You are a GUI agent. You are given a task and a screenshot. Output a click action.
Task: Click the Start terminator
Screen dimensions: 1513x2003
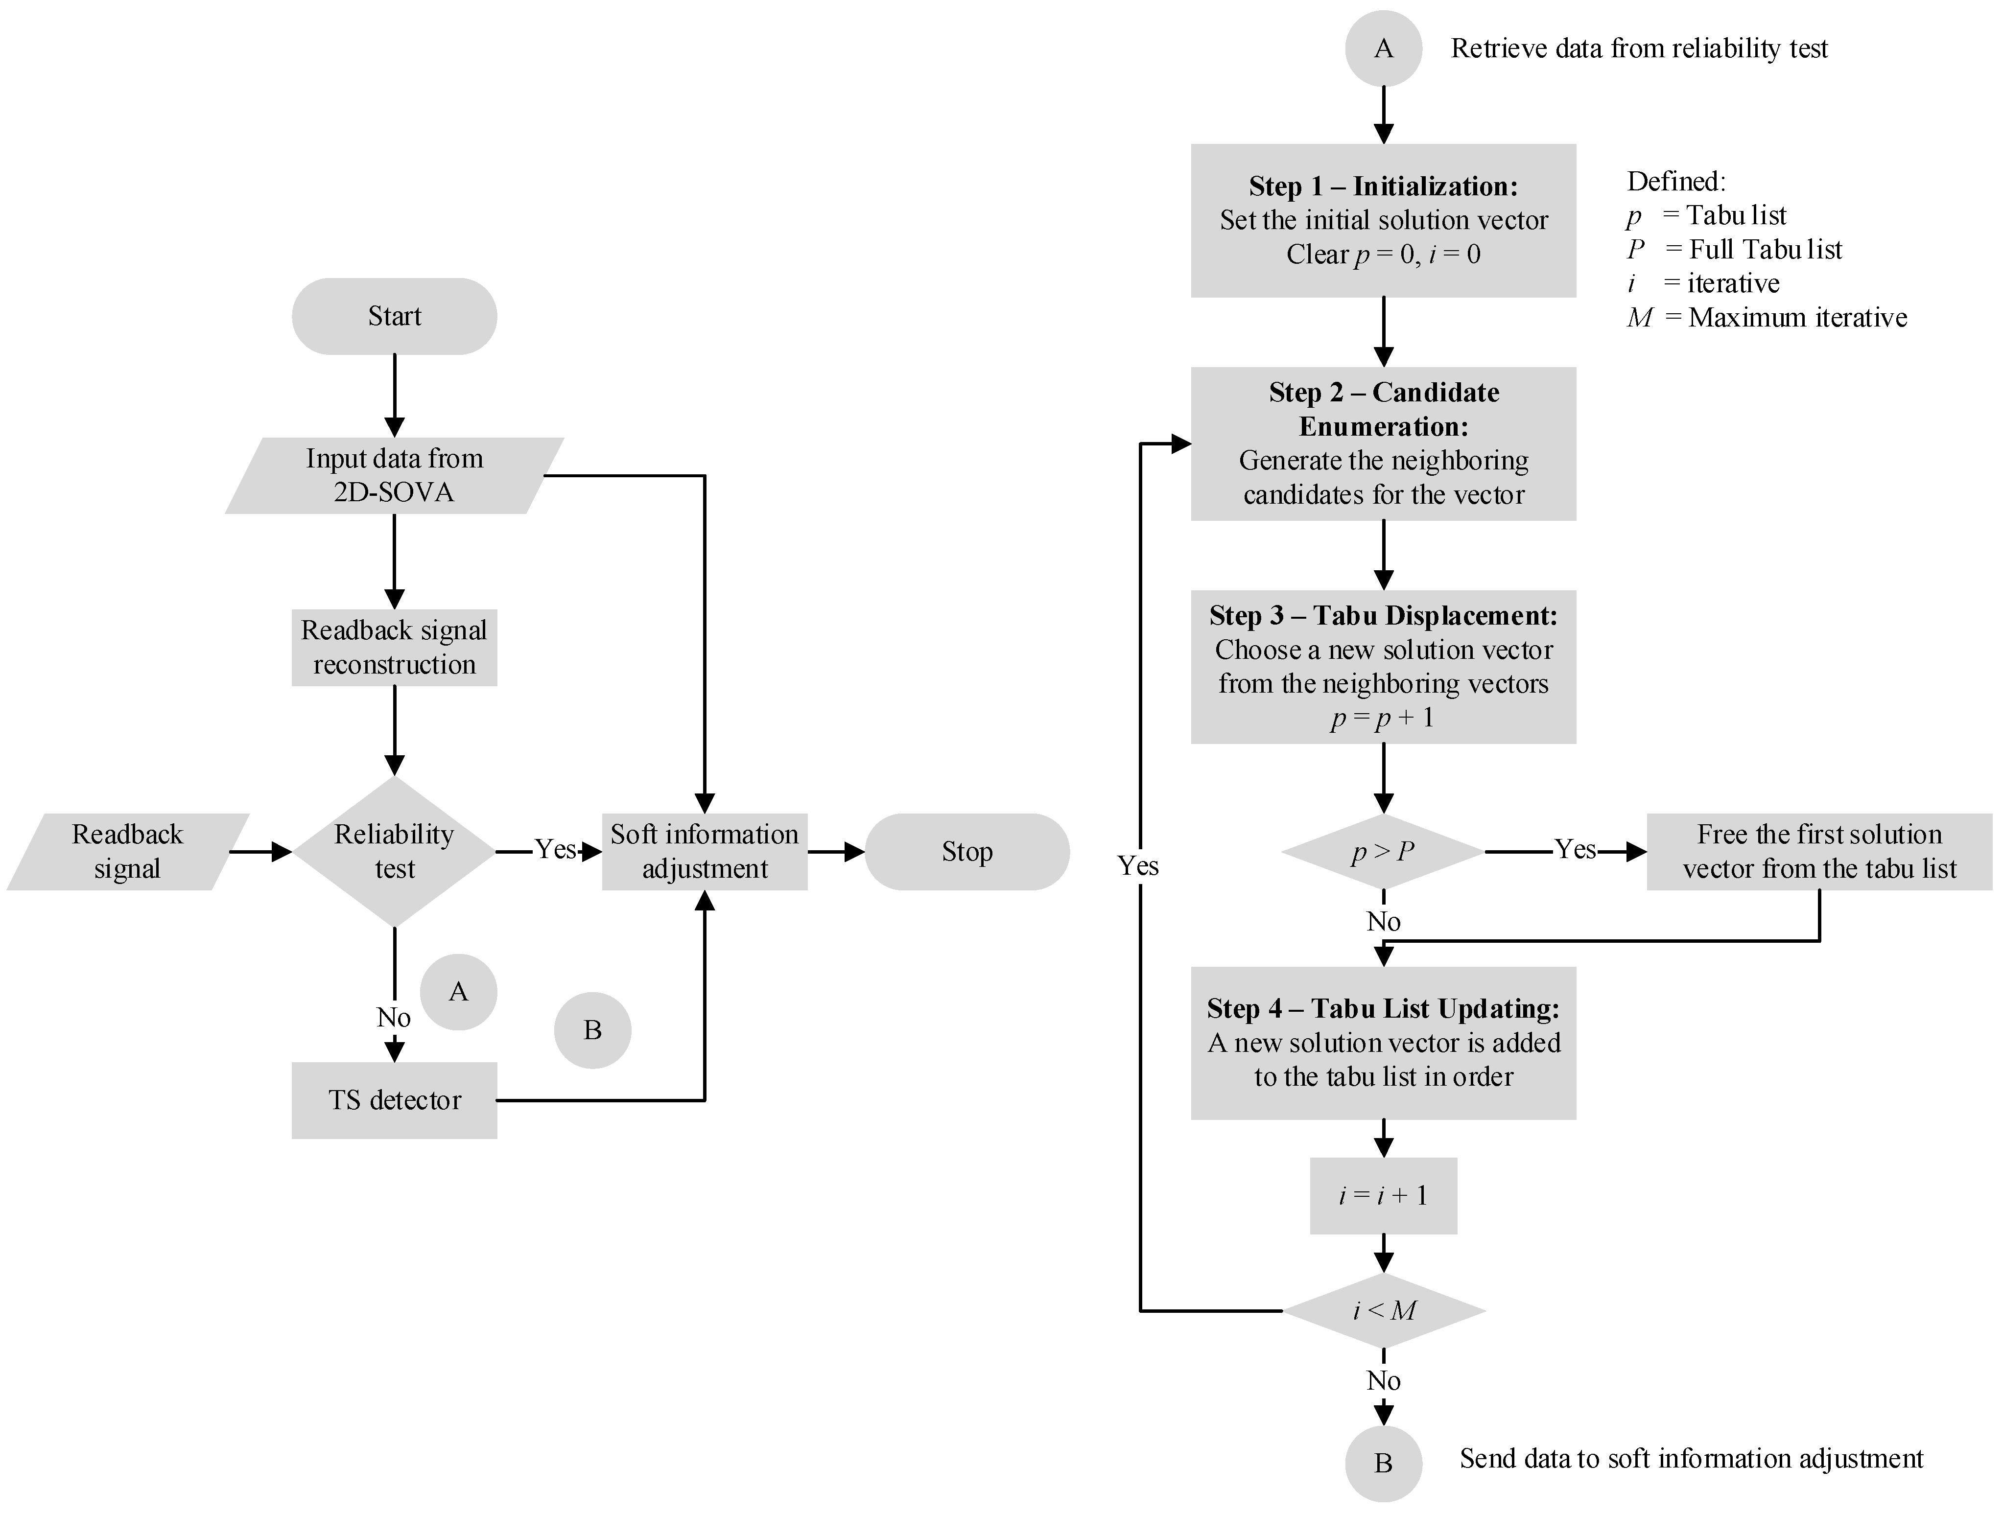tap(394, 316)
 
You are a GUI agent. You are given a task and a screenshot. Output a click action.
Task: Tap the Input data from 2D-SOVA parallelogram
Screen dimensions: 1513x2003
tap(394, 475)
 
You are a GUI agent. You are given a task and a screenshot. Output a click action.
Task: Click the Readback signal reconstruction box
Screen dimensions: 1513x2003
tap(394, 648)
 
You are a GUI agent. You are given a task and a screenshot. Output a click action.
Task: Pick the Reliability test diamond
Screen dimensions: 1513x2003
tap(394, 851)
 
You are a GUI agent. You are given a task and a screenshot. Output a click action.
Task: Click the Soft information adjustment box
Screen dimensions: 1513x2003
tap(705, 851)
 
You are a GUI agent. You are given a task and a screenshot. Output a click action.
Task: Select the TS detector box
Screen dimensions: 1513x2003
tap(394, 1100)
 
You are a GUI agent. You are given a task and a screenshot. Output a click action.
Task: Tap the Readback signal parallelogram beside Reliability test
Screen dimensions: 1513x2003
tap(127, 851)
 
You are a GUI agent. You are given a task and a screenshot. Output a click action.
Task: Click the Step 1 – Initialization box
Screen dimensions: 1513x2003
tap(1383, 220)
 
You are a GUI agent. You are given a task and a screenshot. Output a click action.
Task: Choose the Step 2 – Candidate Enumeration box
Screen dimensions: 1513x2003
tap(1383, 443)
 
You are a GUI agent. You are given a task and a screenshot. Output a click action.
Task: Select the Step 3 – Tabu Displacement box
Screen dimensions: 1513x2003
tap(1383, 666)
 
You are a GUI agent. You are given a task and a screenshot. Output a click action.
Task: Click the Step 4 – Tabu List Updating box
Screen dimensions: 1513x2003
tap(1383, 1043)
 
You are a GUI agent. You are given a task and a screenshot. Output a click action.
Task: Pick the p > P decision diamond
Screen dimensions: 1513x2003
tap(1383, 851)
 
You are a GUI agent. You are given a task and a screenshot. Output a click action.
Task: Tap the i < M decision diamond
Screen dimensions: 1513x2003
tap(1383, 1310)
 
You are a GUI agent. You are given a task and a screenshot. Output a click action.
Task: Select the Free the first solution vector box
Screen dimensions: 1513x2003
tap(1818, 851)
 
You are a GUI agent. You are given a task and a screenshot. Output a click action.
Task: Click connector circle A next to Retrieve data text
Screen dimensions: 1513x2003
tap(1383, 48)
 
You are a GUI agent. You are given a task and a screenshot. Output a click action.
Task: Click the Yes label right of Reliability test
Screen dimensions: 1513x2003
tap(554, 849)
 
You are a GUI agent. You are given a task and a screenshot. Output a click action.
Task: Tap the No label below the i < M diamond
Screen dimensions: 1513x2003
tap(1383, 1381)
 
